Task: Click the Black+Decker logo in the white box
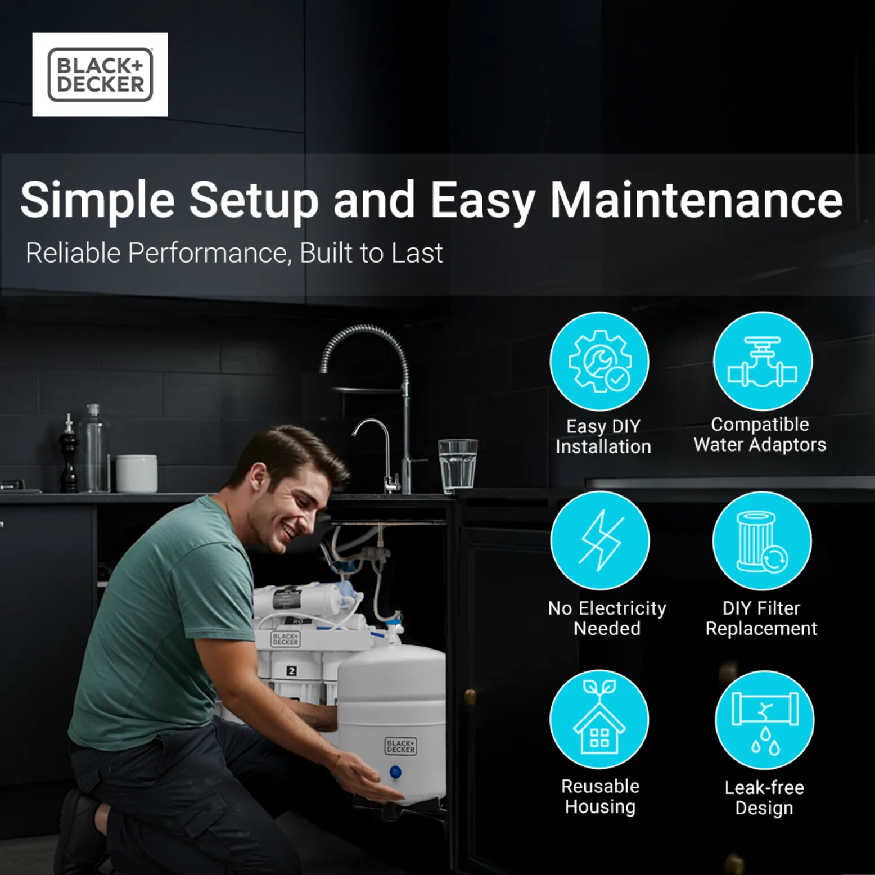[100, 75]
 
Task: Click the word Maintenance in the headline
[696, 200]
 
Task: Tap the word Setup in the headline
[254, 201]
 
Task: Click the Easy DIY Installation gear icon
[599, 361]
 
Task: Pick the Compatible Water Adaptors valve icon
[763, 361]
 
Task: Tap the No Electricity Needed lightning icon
[600, 540]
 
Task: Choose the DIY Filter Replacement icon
[762, 540]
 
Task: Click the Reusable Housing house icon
[599, 719]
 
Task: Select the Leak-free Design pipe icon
[764, 720]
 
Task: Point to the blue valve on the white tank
[395, 773]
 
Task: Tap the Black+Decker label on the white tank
[400, 746]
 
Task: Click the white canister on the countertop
[137, 473]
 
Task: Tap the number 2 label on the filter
[291, 671]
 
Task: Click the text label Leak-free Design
[764, 797]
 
